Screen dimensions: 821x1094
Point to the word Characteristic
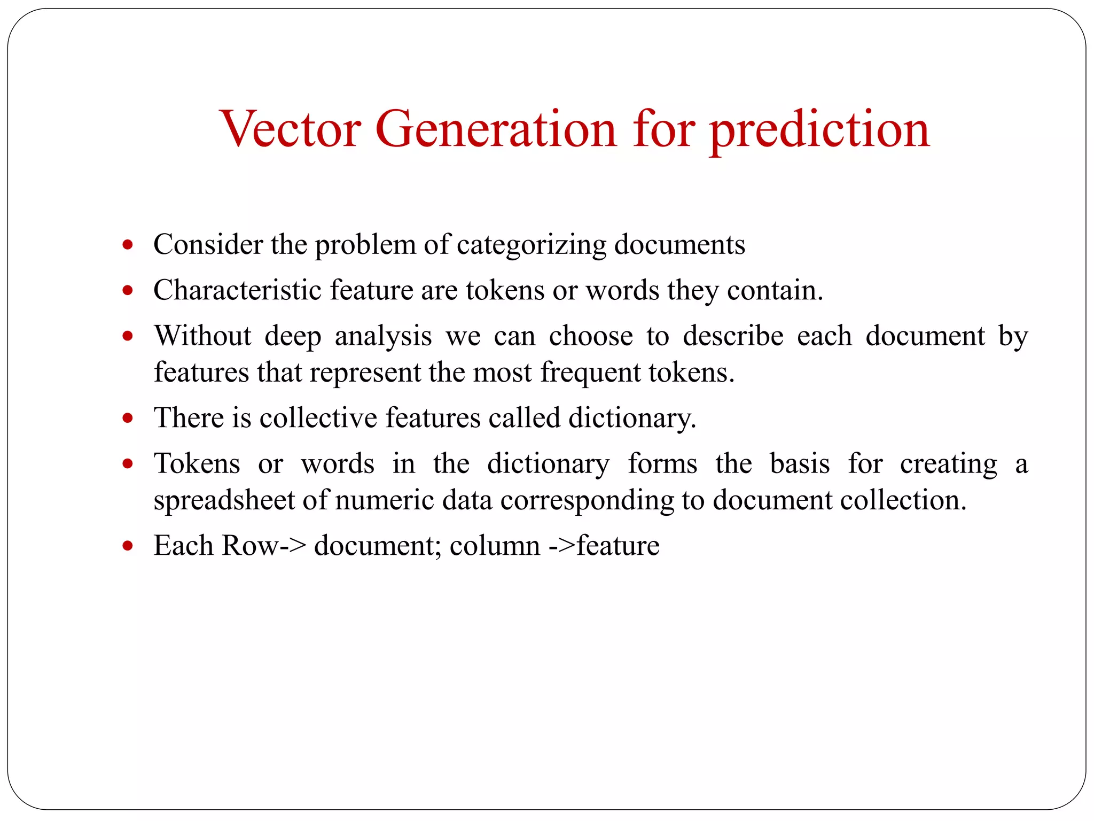pos(238,290)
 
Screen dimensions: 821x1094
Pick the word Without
pos(203,336)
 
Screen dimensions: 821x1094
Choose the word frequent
pos(590,373)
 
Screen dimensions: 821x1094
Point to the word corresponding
pos(587,501)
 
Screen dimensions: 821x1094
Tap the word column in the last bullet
pos(495,546)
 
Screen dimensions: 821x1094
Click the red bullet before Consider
pos(127,245)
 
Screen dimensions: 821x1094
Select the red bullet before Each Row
pos(127,546)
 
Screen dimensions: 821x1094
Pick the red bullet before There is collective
pos(127,418)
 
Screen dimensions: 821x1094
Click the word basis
pos(800,463)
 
